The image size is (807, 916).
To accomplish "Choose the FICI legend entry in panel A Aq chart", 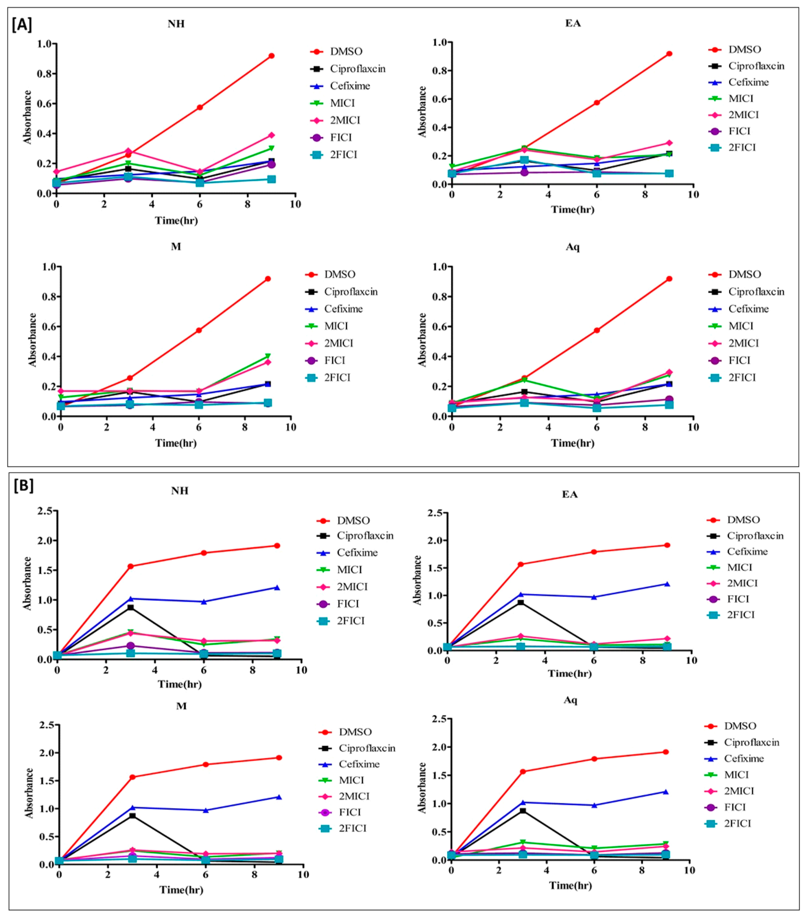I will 739,360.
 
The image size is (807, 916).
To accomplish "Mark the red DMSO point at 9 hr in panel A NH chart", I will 271,56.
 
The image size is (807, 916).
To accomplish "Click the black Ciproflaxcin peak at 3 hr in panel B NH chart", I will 130,608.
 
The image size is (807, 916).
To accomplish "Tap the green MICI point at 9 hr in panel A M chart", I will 268,356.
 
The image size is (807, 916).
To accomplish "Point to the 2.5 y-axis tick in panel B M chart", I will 47,725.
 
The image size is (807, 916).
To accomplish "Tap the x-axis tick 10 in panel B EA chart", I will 692,661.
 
